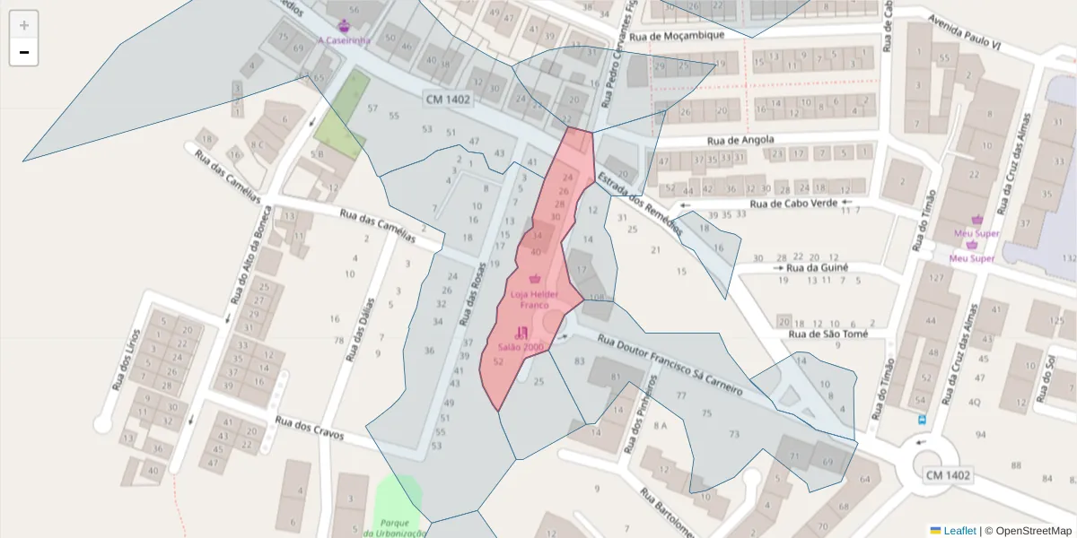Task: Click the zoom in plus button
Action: (24, 25)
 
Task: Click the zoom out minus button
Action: (24, 52)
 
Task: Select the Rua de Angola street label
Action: (740, 141)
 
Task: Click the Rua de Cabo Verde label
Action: (792, 204)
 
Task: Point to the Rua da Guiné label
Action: (817, 268)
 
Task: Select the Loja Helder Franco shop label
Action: (535, 299)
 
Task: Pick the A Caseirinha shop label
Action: (345, 40)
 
